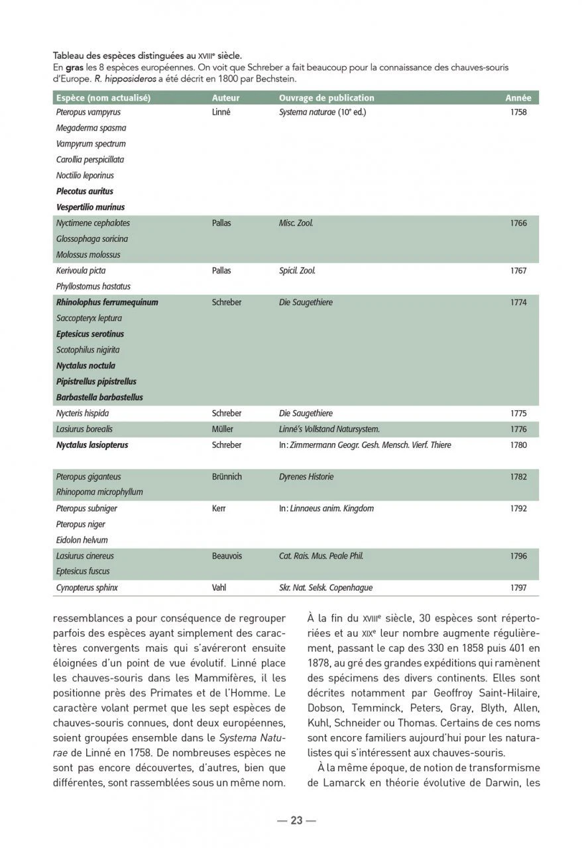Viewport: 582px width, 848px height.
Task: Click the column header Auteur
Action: click(x=225, y=97)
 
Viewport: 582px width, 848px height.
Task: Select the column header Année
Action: click(x=518, y=97)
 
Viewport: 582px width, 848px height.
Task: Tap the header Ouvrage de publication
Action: click(x=326, y=97)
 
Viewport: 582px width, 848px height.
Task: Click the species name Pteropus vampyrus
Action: click(x=89, y=112)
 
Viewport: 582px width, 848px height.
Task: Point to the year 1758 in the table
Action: click(x=518, y=112)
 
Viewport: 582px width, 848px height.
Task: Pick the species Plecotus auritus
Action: click(x=85, y=191)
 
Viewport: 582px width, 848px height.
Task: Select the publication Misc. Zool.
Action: click(x=296, y=223)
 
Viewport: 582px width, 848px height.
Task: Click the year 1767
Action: click(x=518, y=271)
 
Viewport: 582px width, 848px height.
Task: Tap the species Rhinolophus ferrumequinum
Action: click(x=107, y=302)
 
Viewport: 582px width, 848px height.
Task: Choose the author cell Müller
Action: click(x=223, y=429)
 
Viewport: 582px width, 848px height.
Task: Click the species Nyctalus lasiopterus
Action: click(x=92, y=445)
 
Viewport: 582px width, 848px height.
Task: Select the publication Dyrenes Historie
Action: click(x=306, y=476)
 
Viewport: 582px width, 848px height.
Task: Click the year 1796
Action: click(x=518, y=556)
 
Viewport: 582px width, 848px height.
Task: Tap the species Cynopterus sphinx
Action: click(x=87, y=588)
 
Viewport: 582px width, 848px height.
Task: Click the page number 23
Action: click(x=296, y=820)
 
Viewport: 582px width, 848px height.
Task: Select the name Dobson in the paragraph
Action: click(x=327, y=708)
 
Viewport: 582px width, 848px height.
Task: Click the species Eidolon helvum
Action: click(x=82, y=540)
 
